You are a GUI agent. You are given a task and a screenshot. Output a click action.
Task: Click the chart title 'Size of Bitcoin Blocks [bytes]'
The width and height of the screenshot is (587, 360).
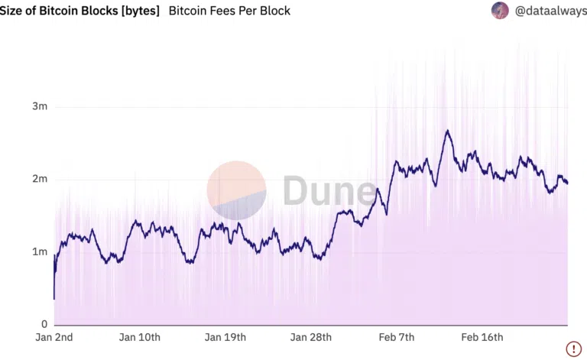[79, 11]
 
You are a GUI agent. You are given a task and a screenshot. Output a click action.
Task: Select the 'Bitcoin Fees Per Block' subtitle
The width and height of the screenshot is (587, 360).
[229, 11]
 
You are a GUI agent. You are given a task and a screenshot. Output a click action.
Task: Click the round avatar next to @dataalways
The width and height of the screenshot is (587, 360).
[500, 11]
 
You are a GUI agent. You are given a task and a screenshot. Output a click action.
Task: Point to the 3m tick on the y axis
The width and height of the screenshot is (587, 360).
[40, 106]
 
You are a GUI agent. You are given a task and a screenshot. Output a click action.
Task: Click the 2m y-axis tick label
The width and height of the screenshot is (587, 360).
[40, 179]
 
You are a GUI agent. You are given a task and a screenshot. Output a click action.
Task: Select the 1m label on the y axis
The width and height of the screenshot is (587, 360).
[40, 251]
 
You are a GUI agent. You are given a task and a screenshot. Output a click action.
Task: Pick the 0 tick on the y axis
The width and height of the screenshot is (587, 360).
[44, 324]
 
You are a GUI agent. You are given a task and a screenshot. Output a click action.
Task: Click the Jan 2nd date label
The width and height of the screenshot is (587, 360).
[54, 337]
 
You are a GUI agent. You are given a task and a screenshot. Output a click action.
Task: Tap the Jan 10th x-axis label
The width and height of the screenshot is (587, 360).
[140, 337]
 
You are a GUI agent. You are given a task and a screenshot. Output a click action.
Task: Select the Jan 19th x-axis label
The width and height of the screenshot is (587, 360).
[225, 337]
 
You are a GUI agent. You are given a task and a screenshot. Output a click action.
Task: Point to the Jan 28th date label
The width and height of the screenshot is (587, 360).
[310, 337]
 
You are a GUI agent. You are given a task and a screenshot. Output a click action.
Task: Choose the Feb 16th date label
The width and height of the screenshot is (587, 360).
[482, 337]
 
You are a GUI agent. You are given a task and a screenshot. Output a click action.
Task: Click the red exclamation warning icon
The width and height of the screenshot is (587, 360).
[573, 348]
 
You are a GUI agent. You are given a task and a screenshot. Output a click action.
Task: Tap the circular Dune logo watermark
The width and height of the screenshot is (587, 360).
[236, 190]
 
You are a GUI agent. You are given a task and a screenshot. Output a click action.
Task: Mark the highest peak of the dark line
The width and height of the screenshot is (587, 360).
[447, 131]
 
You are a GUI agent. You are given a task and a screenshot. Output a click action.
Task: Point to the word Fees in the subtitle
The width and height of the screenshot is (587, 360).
[225, 11]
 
